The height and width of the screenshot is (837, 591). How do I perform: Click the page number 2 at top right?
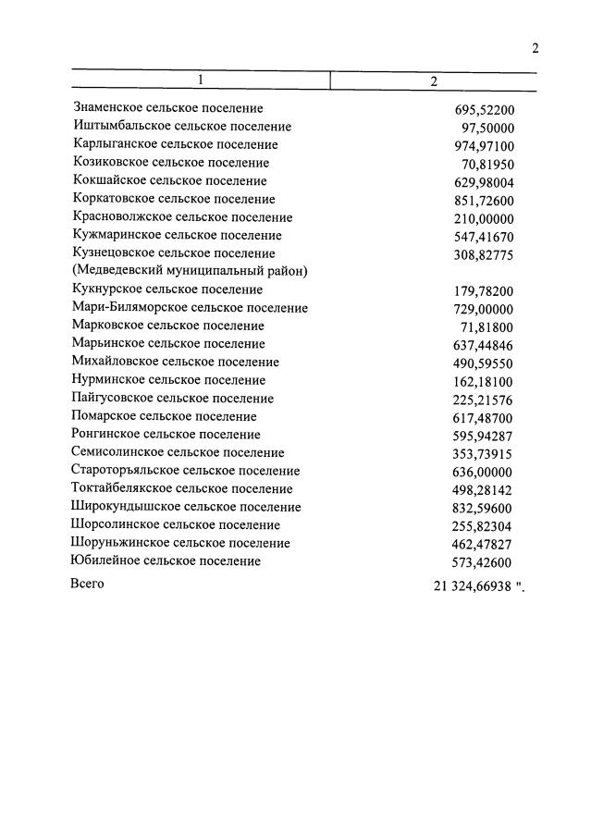point(535,49)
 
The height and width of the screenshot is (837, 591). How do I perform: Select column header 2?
point(433,80)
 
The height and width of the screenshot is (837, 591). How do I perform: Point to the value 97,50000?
point(487,128)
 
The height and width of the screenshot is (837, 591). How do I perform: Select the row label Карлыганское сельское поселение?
point(174,144)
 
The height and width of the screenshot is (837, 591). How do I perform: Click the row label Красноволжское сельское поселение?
point(181,217)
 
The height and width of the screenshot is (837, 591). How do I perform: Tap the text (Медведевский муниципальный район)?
point(189,271)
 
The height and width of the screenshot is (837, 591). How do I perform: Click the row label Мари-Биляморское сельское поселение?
point(189,307)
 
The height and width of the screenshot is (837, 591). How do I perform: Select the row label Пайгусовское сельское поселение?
point(172,398)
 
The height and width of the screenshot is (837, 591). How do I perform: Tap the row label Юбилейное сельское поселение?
point(166,560)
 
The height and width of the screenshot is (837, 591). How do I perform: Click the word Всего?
point(87,584)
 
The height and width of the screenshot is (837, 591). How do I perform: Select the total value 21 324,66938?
point(472,585)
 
